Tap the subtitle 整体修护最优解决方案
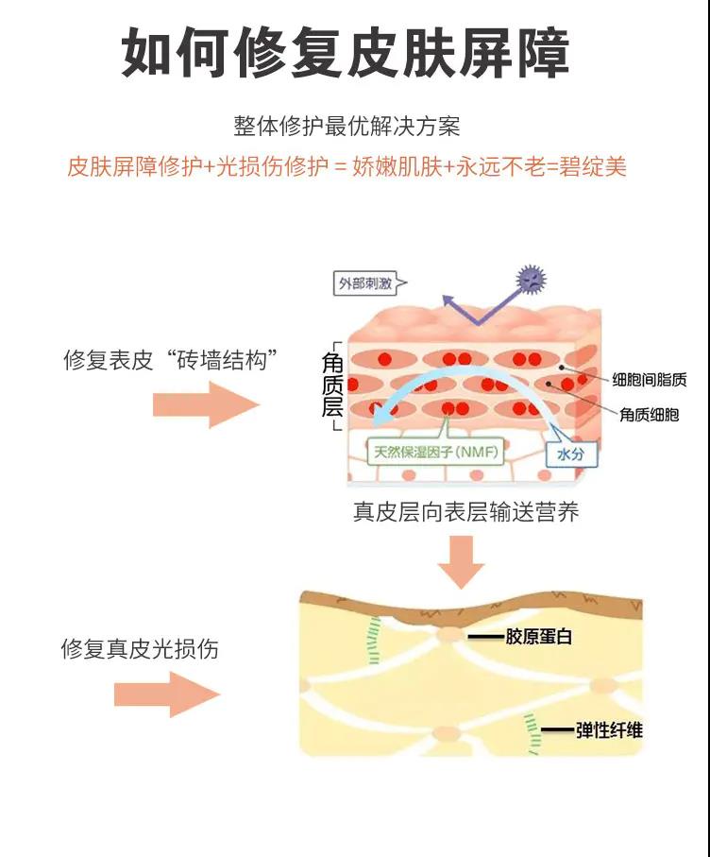click(347, 126)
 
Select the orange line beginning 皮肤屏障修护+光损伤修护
click(347, 167)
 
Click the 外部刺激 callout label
click(363, 283)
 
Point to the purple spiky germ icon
click(532, 278)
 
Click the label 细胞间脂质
click(649, 380)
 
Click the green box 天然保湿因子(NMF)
click(436, 452)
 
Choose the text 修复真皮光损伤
click(140, 649)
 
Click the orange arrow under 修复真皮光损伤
click(167, 695)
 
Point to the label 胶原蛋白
click(539, 637)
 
